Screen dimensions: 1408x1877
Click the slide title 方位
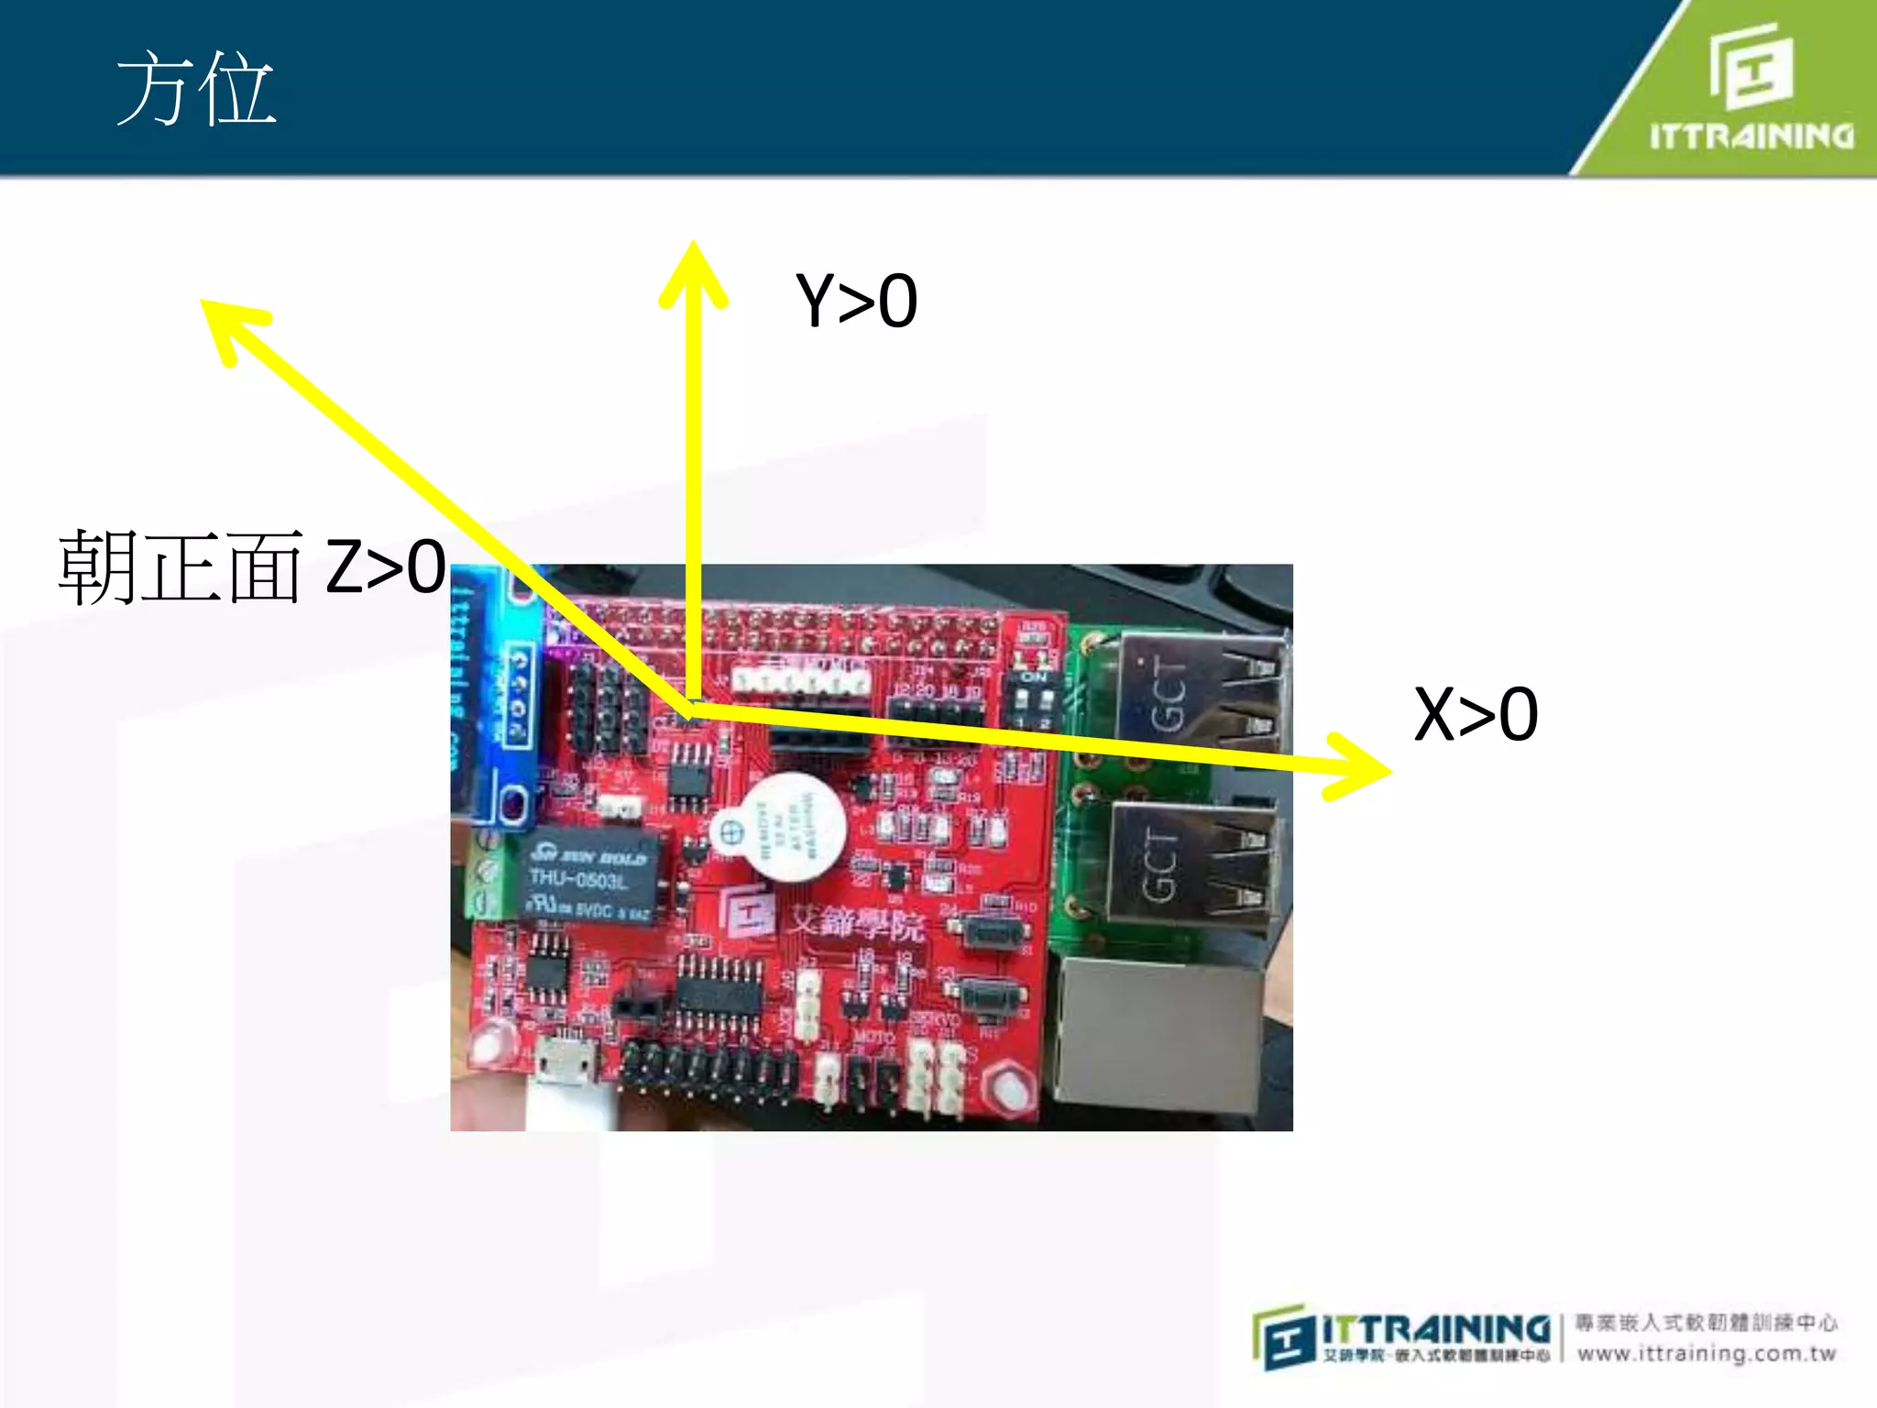tap(195, 89)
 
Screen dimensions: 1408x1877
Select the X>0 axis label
tap(1476, 714)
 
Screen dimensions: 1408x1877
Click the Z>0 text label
tap(386, 566)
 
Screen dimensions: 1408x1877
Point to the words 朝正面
tap(181, 567)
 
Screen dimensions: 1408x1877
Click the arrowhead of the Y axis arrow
tap(694, 270)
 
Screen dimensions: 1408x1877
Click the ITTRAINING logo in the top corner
tap(1751, 87)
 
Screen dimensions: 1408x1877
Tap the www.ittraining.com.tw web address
tap(1707, 1353)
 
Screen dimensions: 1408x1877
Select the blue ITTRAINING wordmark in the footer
tap(1435, 1327)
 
